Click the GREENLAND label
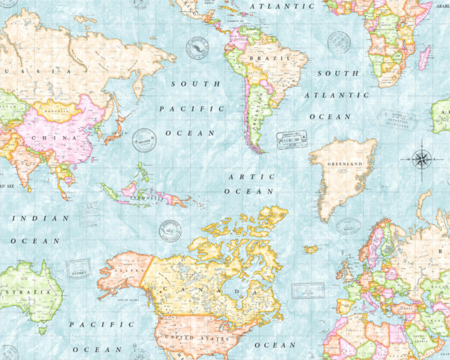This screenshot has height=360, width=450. point(344,164)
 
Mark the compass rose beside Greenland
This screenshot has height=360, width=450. point(421,159)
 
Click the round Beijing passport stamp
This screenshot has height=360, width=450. point(144,140)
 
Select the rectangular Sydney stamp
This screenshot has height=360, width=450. point(78,268)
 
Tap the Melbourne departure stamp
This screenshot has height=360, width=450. point(396,120)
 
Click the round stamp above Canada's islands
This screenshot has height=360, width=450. point(170,231)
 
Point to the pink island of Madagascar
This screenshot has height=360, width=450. point(425,58)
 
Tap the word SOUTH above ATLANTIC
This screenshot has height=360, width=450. point(337,73)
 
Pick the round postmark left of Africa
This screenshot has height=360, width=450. point(339,42)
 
